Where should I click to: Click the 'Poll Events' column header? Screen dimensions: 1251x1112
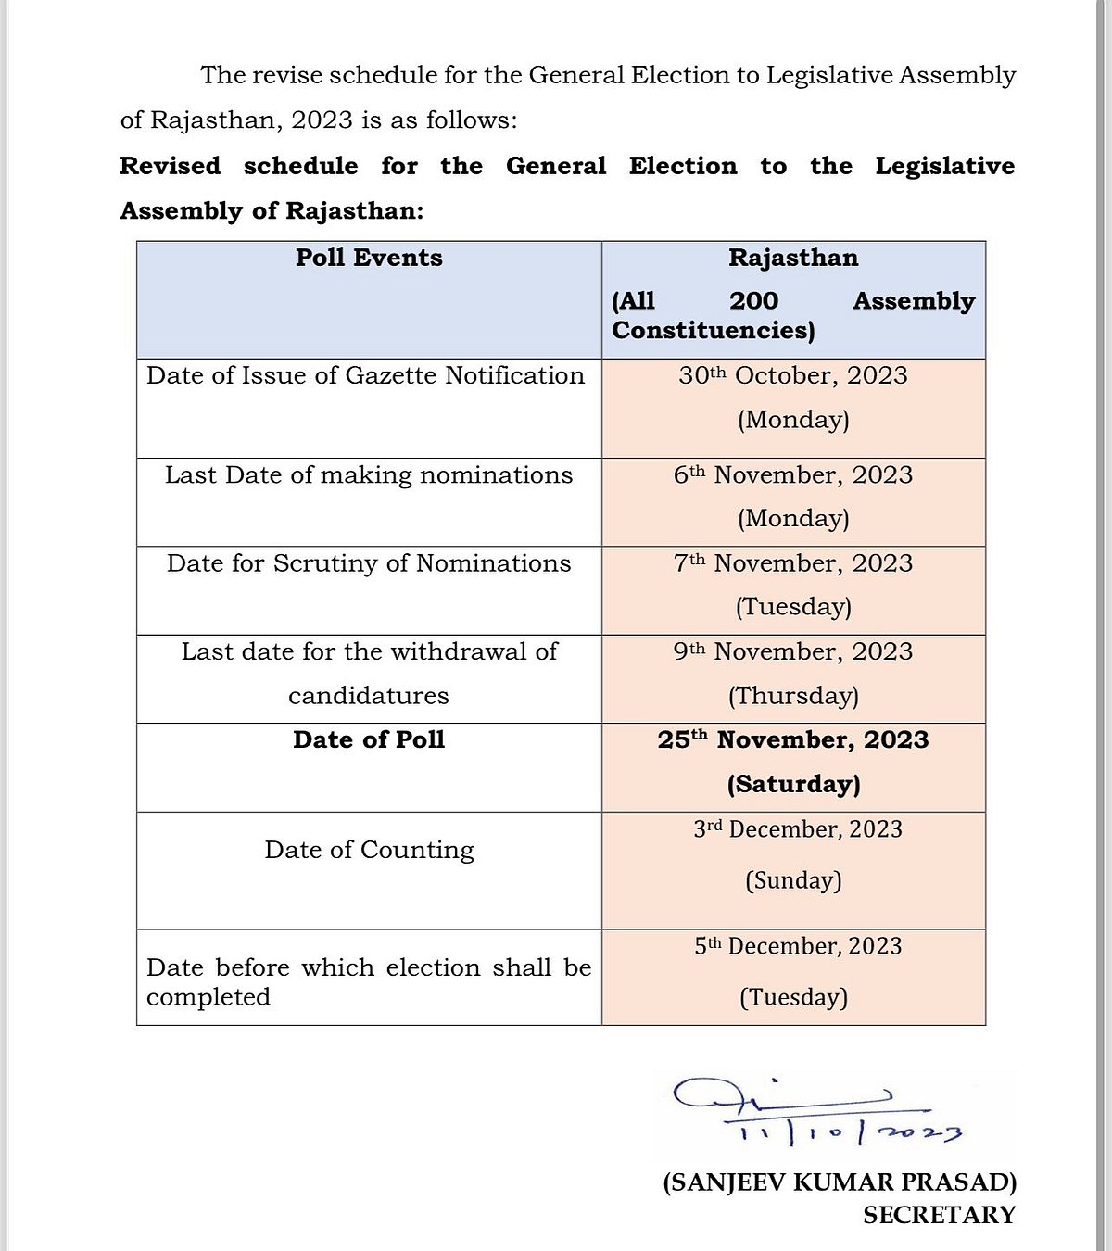pos(369,258)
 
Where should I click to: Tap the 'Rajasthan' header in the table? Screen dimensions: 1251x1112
pos(793,258)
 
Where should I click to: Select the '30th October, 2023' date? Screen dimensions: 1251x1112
pos(793,375)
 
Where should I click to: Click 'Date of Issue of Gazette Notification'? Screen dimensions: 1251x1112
pos(366,375)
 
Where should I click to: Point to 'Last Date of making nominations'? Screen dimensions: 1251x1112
pos(369,474)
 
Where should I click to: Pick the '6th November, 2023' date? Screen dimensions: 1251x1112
pos(793,474)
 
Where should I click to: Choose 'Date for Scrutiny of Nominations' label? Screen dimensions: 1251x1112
pos(369,563)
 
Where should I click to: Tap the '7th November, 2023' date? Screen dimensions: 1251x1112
pos(793,563)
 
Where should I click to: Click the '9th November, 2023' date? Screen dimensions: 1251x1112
pos(793,651)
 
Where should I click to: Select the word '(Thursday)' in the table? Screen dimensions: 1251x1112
pos(793,696)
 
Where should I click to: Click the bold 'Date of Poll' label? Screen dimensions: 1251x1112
pos(369,739)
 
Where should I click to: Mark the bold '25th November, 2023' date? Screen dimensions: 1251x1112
pos(793,739)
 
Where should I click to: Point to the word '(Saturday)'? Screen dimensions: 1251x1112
pos(793,784)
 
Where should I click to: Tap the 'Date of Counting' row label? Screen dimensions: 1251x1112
pos(369,850)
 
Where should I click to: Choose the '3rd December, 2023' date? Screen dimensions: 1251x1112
pos(798,829)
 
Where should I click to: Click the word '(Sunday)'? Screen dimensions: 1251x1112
pos(793,879)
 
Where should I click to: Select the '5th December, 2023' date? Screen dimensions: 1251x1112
pos(798,946)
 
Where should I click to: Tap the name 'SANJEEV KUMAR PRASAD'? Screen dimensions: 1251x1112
pos(840,1182)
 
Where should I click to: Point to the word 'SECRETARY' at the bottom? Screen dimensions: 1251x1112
pos(939,1215)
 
